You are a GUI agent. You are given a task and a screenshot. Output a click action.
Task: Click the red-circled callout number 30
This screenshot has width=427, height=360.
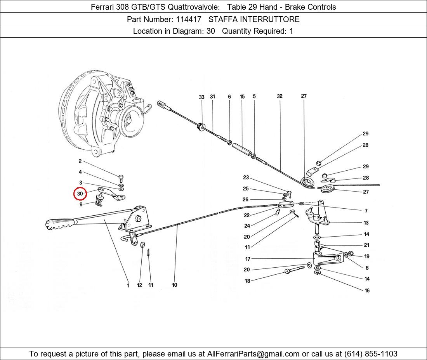[x=80, y=194]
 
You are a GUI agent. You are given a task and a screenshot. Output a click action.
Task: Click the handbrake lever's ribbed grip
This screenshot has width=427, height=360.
[x=58, y=224]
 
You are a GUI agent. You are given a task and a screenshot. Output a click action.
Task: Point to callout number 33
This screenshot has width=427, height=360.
[x=201, y=97]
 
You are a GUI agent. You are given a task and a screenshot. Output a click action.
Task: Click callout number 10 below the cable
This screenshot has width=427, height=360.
[x=175, y=285]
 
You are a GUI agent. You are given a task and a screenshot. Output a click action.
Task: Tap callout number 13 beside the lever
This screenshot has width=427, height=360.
[x=366, y=223]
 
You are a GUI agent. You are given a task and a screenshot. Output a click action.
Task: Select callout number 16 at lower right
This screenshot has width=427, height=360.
[x=367, y=291]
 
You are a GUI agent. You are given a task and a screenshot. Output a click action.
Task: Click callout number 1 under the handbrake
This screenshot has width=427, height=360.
[x=128, y=286]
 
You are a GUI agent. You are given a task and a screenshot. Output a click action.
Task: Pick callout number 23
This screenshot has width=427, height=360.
[x=246, y=178]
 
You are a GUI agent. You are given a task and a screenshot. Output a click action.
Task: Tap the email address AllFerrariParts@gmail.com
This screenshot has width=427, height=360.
[x=253, y=354]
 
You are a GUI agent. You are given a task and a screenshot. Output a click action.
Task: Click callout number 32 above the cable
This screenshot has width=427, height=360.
[x=279, y=96]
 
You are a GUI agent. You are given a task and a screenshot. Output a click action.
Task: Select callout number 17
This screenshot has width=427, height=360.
[x=248, y=259]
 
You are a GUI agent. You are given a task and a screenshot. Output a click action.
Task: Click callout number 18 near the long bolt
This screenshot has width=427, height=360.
[x=247, y=281]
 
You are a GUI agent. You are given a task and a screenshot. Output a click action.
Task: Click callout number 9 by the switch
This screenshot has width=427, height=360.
[x=81, y=204]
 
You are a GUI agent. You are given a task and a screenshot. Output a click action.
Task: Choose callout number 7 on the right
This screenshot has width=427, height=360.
[x=366, y=211]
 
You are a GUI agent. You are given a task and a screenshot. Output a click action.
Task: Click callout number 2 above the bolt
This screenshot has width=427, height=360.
[x=80, y=161]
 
